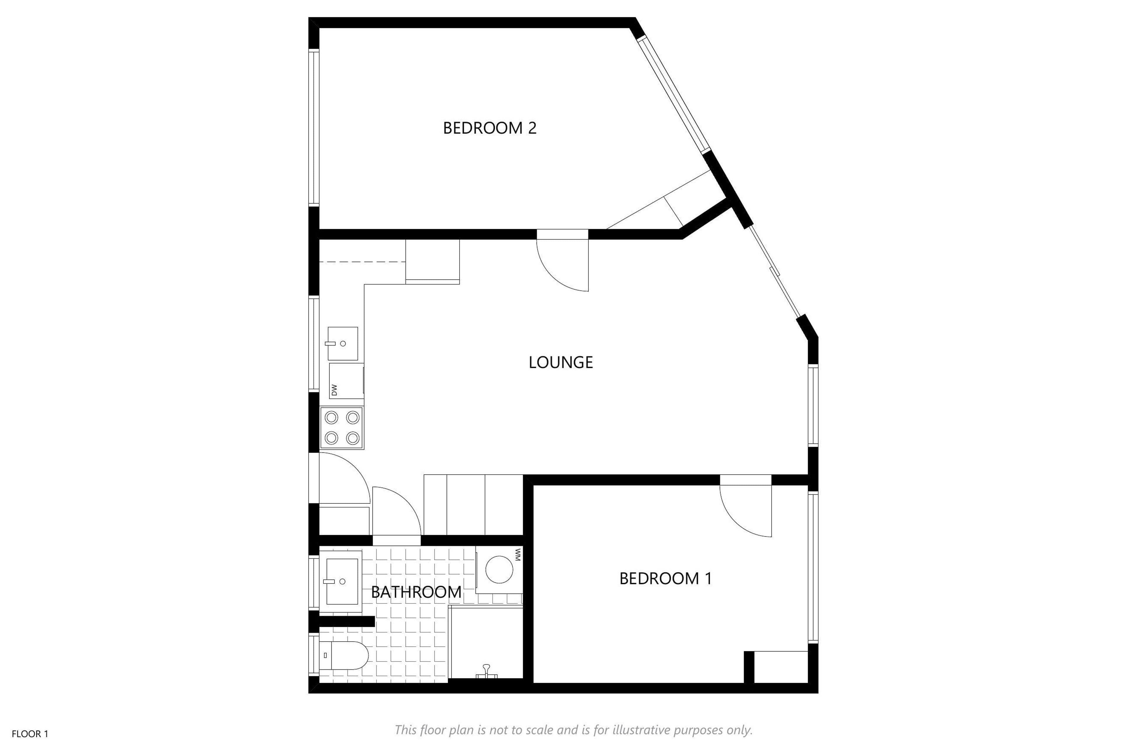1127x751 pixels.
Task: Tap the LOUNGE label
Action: (x=561, y=362)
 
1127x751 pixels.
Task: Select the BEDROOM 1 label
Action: (x=666, y=579)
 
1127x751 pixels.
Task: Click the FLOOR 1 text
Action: (x=30, y=734)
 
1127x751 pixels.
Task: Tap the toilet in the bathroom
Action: (x=344, y=655)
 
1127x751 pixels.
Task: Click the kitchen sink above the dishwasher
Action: (x=343, y=344)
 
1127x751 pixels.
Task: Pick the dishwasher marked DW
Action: (x=346, y=381)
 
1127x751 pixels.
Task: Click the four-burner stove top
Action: (x=342, y=428)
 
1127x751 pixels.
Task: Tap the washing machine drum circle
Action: (x=499, y=569)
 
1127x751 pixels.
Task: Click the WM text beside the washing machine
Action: (x=517, y=555)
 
